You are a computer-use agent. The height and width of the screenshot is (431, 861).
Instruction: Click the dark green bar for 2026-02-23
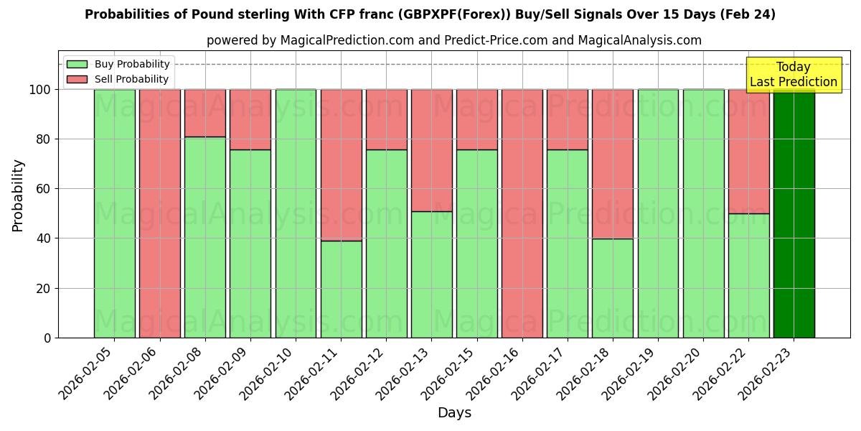794,213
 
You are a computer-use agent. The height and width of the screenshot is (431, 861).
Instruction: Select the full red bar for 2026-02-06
159,213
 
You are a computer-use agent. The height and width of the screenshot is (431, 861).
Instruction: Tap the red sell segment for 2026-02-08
204,113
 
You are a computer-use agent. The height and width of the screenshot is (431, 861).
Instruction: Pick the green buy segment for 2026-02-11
341,289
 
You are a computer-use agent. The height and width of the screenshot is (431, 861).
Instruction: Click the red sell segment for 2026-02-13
431,150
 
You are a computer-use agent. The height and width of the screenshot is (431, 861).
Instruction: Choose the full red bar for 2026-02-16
522,213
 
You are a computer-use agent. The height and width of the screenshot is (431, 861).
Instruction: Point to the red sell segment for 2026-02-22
748,152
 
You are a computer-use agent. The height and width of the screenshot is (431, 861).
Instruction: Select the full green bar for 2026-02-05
114,213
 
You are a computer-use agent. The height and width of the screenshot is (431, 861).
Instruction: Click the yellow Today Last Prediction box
793,75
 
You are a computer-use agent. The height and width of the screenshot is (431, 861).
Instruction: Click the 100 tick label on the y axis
39,90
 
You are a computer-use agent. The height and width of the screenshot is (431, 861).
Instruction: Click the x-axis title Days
454,413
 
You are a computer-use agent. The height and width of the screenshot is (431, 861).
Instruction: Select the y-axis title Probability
18,195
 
